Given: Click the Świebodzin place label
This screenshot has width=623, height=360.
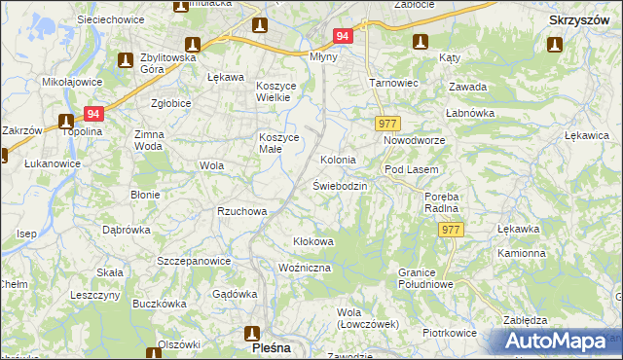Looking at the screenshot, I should click(340, 185).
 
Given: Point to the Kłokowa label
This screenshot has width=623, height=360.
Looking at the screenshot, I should click(314, 241).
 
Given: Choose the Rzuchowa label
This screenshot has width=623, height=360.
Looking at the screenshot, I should click(242, 210).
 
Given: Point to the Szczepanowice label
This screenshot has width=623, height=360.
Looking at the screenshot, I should click(194, 261).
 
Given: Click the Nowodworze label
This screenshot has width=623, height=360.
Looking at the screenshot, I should click(414, 141).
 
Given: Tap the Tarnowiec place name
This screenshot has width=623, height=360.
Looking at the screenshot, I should click(393, 83).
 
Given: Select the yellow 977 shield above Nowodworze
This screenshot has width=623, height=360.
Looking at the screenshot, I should click(387, 124).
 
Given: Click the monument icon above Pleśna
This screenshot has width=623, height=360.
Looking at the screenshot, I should click(252, 331).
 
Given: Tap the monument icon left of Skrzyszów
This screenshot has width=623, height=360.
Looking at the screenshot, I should click(555, 43).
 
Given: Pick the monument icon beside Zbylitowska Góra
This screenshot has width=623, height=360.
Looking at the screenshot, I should click(126, 60).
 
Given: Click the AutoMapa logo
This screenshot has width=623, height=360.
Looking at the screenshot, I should click(559, 342).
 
